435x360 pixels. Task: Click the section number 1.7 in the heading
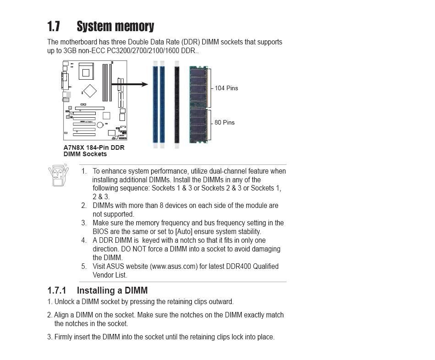(54, 27)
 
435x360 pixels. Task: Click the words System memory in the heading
(115, 27)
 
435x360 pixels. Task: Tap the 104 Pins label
(226, 88)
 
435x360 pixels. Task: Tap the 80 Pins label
(224, 122)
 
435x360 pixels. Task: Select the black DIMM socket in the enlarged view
(177, 104)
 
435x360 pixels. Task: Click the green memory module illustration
(199, 104)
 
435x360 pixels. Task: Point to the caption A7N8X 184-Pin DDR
(94, 147)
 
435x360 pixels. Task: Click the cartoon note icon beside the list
(58, 175)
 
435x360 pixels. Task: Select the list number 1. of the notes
(84, 171)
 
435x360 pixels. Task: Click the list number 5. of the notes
(84, 267)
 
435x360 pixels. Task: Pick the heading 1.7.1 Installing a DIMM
(98, 290)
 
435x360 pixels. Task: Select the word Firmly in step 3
(64, 337)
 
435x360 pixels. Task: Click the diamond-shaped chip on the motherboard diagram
(90, 91)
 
